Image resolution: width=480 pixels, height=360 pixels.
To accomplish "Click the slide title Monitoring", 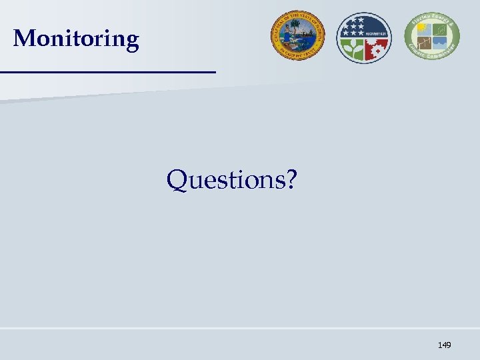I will (76, 39).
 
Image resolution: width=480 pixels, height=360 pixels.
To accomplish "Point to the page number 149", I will (444, 345).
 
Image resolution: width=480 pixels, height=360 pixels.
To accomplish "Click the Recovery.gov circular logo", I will (363, 37).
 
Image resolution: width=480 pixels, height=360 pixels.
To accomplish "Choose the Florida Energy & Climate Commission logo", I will (431, 37).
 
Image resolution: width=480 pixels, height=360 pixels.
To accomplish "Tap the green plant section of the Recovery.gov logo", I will (351, 49).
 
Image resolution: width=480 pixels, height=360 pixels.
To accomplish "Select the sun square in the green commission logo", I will (422, 29).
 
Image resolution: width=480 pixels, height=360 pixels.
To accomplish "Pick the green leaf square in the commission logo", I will (440, 29).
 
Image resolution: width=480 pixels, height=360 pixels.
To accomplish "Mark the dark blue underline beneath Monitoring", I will (108, 71).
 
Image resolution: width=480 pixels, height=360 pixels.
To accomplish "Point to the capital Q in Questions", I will (178, 179).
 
